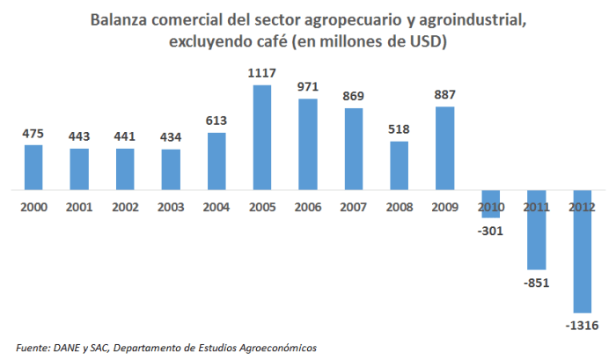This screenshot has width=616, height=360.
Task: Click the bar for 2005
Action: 262,137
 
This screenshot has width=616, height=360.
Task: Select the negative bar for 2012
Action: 583,251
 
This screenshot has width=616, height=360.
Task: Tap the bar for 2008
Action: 400,165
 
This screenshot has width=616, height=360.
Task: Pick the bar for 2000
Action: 33,167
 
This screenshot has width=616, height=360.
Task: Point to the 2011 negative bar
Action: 537,230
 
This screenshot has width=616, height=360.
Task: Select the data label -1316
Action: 582,327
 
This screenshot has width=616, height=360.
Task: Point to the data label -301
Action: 491,231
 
